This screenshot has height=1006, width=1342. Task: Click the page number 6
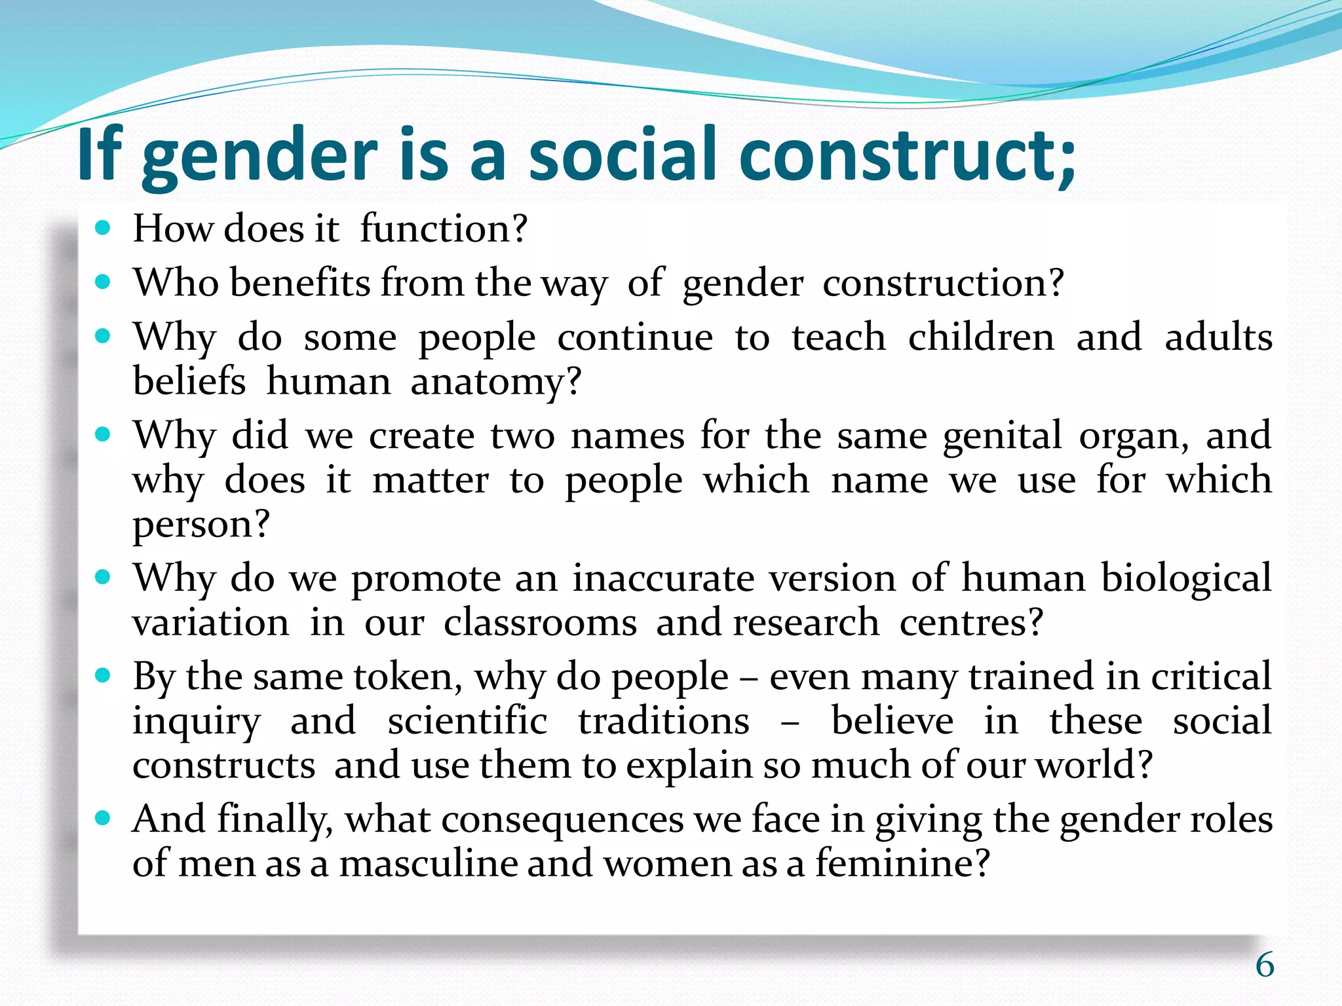(1265, 965)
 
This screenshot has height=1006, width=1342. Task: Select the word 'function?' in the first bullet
(444, 229)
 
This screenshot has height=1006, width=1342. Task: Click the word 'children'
(981, 337)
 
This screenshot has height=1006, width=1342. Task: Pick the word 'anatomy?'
(496, 382)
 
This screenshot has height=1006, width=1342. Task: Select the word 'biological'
(1186, 578)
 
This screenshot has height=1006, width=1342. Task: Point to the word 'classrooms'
(540, 622)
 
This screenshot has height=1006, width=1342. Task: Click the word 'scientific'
(467, 721)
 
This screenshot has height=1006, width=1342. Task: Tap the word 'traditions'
(664, 721)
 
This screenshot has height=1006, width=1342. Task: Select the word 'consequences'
(563, 819)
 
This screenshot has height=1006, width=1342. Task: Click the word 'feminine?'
(902, 863)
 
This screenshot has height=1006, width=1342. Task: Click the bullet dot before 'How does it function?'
(103, 228)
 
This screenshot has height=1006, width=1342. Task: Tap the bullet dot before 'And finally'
(103, 818)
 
